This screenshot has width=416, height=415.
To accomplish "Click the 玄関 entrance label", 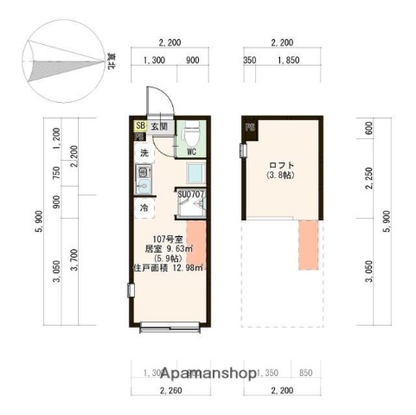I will [x=159, y=126].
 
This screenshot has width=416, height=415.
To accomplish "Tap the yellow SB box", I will [x=139, y=126].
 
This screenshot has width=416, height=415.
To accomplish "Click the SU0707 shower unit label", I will [x=190, y=195].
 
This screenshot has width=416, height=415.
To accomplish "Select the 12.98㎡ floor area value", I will [x=186, y=267].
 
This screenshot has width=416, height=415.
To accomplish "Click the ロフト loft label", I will [x=282, y=165].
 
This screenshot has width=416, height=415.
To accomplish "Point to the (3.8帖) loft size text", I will [x=282, y=177].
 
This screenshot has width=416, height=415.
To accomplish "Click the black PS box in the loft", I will [x=249, y=129].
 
